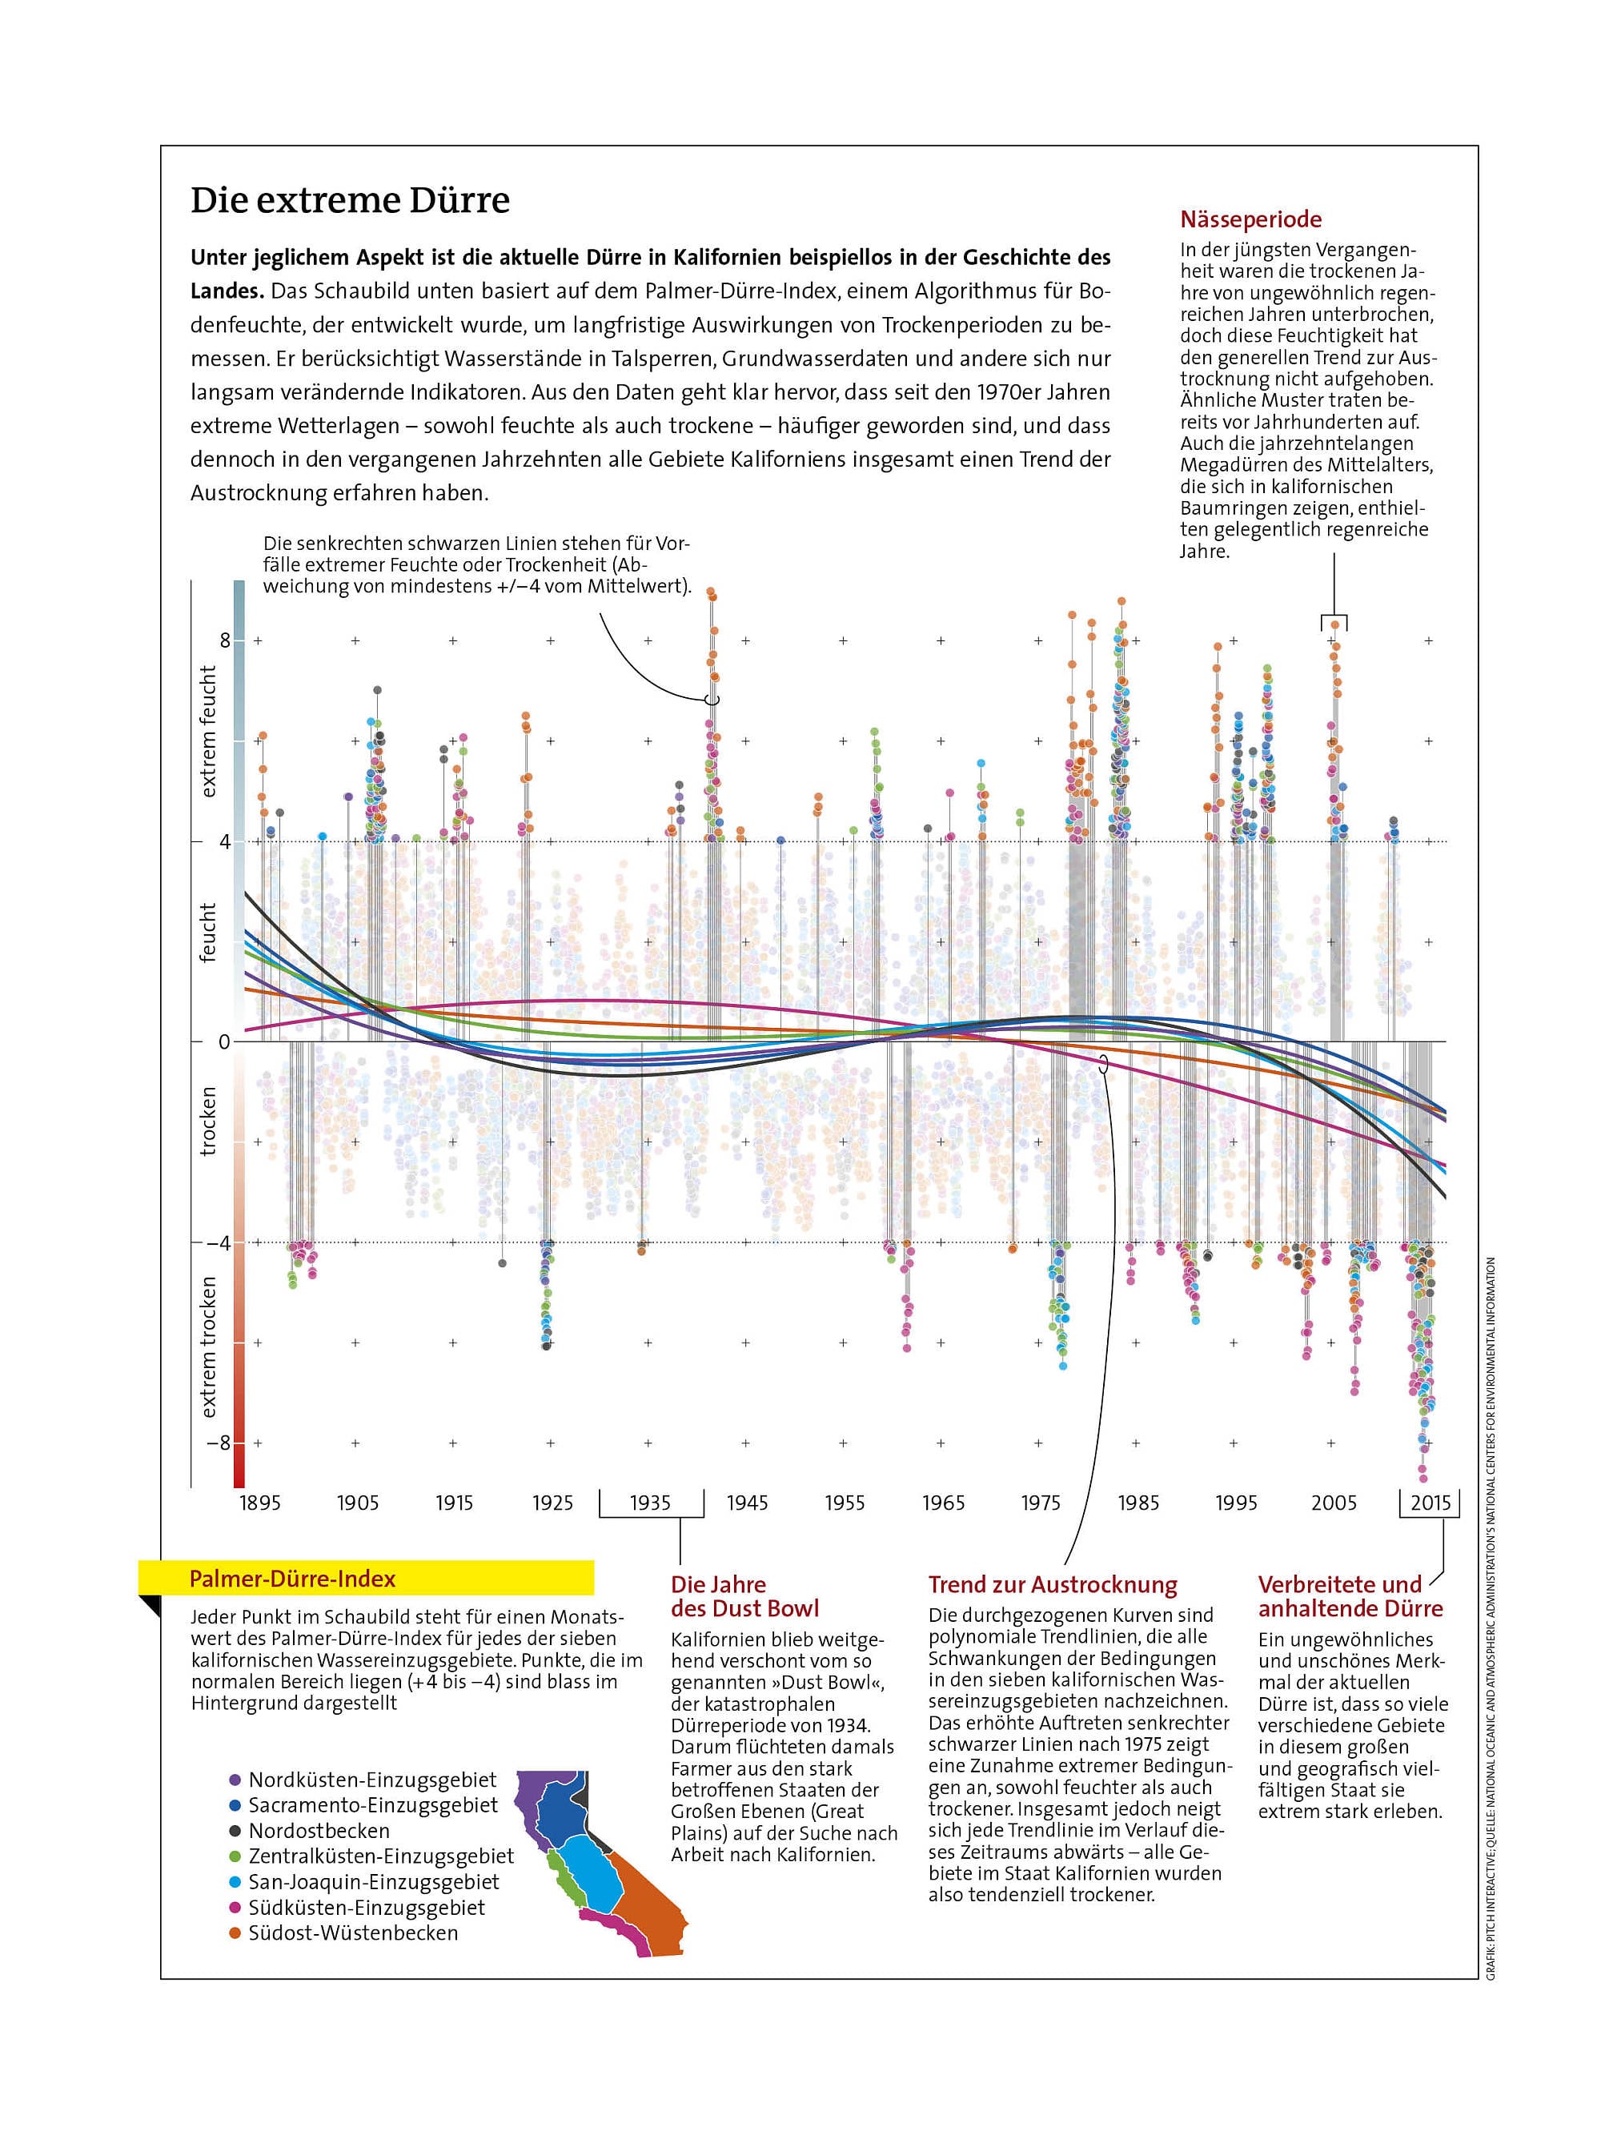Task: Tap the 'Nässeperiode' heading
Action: coord(1250,219)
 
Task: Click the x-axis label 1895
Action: coord(259,1502)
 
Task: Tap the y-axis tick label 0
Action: coord(224,1042)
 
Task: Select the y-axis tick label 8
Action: coord(225,640)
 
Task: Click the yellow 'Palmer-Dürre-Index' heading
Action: coord(292,1579)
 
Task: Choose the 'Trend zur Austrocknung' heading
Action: coord(1052,1585)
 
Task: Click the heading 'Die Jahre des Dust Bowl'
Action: coord(744,1596)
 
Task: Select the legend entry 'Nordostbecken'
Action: coord(319,1831)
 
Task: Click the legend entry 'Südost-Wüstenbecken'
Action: coord(352,1933)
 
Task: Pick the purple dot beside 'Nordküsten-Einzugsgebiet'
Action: coord(235,1780)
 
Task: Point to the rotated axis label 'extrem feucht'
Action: coord(207,731)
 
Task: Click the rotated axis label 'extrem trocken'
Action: coord(207,1347)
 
